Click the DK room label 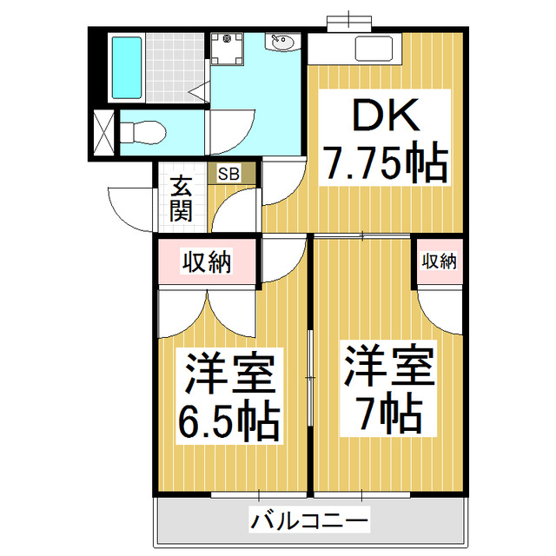385,115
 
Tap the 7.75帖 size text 385,164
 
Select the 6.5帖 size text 229,422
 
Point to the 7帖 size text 388,414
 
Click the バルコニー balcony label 309,520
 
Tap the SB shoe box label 228,174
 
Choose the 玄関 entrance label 181,199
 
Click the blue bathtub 127,68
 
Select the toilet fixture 142,133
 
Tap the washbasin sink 282,43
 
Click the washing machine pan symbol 227,49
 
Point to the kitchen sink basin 374,49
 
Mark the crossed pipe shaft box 103,133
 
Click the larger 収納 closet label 207,261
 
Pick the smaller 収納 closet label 439,261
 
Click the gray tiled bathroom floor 175,68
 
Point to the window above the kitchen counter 349,22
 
